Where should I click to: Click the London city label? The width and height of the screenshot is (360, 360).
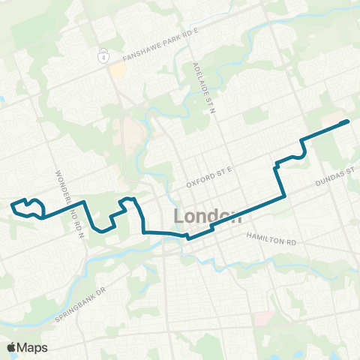[x=208, y=217]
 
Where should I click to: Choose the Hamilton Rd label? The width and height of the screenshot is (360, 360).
[x=271, y=238]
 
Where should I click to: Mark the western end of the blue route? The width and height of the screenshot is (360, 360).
[x=10, y=203]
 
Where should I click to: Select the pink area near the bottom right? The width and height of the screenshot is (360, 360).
[x=262, y=318]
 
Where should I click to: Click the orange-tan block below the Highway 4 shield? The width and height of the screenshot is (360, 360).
[x=118, y=73]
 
